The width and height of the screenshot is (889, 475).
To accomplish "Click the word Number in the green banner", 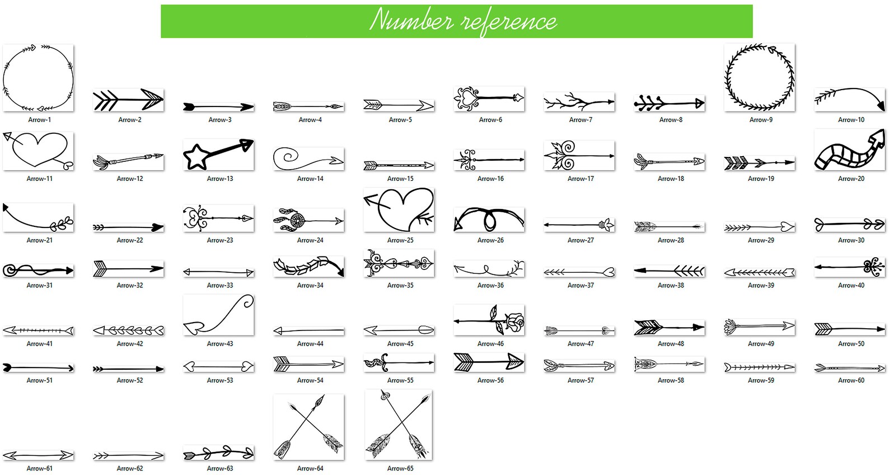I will [x=411, y=21].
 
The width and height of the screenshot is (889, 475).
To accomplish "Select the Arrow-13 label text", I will [x=220, y=179].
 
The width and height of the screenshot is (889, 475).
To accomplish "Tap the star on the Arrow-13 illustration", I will [x=196, y=157].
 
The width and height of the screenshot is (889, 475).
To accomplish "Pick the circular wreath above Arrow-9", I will [x=759, y=78].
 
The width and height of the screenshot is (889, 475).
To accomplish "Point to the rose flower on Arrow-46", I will [x=514, y=323].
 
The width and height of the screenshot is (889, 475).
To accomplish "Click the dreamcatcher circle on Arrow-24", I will [x=298, y=221].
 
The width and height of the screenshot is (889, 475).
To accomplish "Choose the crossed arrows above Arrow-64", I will [x=308, y=427].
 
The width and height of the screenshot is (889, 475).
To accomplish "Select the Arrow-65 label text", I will [x=400, y=468].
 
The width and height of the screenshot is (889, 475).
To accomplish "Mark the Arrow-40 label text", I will [x=851, y=286].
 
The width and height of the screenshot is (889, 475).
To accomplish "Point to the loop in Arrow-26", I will [x=490, y=220].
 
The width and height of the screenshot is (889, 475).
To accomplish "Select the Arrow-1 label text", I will [x=39, y=120].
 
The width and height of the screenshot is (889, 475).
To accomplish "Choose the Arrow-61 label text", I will [x=39, y=468].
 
